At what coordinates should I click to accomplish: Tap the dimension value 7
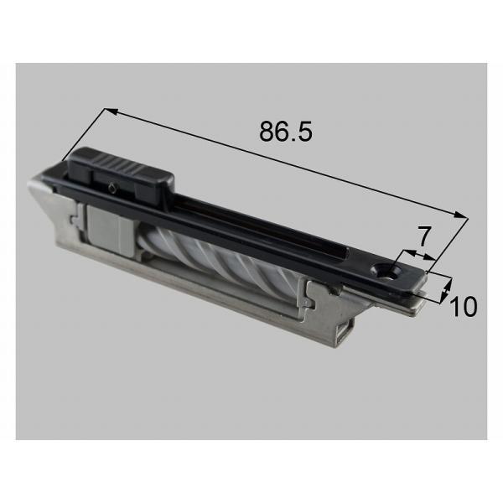coord(423,236)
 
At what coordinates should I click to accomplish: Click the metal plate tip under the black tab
coord(415,307)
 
